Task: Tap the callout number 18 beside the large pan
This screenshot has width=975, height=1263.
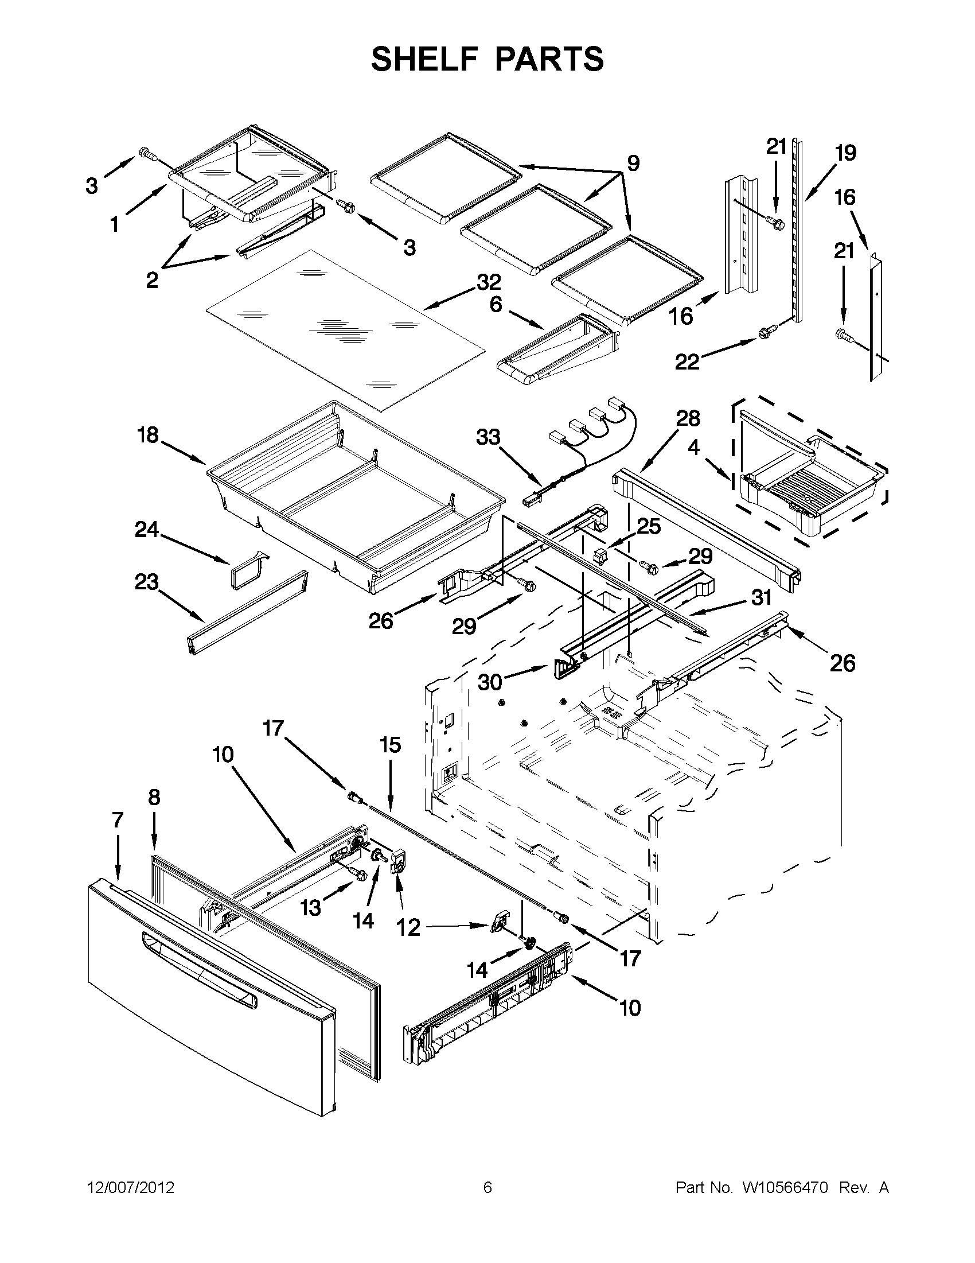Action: click(148, 436)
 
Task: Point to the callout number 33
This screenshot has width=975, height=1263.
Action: click(488, 437)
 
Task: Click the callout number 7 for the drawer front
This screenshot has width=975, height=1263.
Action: click(118, 819)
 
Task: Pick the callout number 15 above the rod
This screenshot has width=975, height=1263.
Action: click(390, 745)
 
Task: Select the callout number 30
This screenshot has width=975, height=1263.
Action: click(490, 682)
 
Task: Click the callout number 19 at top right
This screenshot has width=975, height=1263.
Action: click(845, 153)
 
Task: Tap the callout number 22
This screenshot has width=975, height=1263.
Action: click(687, 363)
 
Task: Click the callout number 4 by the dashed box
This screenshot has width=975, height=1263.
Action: click(693, 447)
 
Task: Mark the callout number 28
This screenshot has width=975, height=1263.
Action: click(688, 418)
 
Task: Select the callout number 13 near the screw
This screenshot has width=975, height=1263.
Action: click(310, 908)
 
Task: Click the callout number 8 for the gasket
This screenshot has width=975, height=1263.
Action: click(154, 798)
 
